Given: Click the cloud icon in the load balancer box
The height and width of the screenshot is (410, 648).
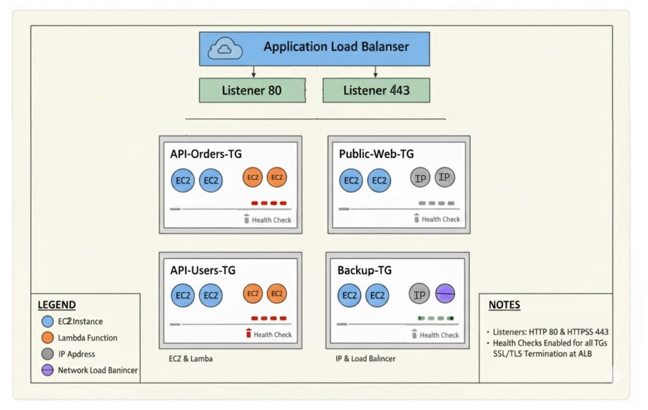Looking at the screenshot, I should (x=226, y=49).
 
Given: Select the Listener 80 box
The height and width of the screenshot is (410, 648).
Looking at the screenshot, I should (x=252, y=90).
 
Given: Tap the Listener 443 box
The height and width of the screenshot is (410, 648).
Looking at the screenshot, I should (x=376, y=90).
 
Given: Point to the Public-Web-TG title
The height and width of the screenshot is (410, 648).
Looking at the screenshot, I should (x=376, y=154).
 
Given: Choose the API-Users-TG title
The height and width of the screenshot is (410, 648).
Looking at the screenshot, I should (x=202, y=270).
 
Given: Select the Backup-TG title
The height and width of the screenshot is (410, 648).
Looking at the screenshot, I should (x=364, y=270).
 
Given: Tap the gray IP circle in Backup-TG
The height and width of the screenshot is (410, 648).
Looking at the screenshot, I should (x=419, y=294).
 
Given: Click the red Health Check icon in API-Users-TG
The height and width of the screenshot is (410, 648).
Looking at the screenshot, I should (x=248, y=334).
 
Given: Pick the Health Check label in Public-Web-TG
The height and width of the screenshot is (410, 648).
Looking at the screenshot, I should (x=441, y=219).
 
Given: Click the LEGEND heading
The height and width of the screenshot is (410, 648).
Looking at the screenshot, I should (x=57, y=305).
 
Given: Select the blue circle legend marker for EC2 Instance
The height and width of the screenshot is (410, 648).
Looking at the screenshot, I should (x=48, y=321).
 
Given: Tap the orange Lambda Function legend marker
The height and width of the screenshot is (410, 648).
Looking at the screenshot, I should (x=48, y=338).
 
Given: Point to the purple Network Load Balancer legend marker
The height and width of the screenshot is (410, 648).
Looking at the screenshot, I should (x=48, y=371).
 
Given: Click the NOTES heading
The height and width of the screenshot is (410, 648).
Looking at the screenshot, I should (x=504, y=305).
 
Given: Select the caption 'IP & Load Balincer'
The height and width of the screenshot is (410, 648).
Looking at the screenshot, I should (x=365, y=358).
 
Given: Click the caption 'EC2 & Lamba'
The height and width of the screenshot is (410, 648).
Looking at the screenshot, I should (x=190, y=358).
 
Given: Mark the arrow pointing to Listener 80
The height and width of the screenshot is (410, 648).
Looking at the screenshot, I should (x=253, y=72).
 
